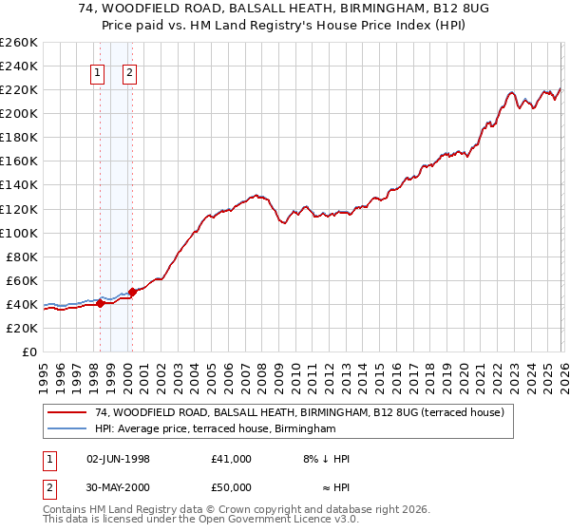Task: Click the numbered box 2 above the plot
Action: [x=130, y=73]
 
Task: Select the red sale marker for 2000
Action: [x=132, y=293]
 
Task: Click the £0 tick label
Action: [x=28, y=351]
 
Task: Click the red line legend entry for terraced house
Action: [x=304, y=413]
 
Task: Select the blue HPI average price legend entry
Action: [x=216, y=429]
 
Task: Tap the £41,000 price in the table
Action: [x=232, y=459]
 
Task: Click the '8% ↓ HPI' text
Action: [x=327, y=459]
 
